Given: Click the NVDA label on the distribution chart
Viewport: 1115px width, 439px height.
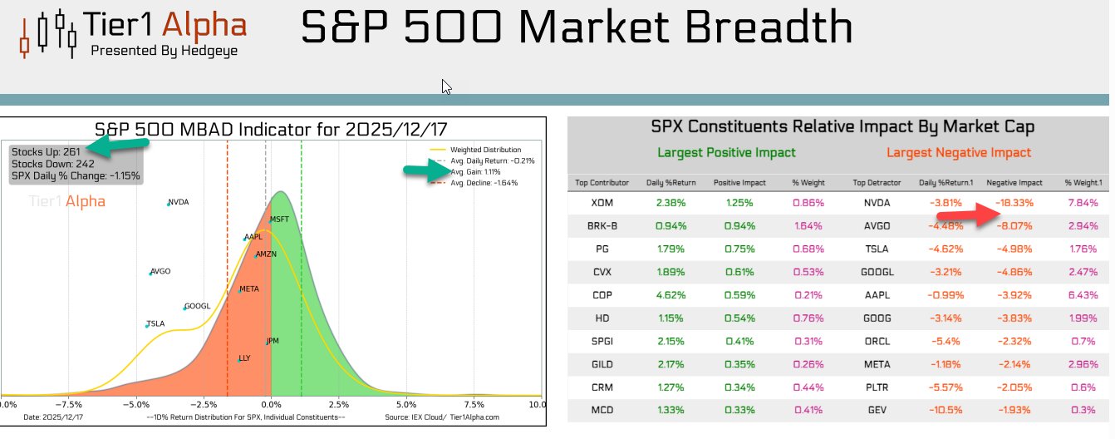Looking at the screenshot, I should pyautogui.click(x=179, y=202).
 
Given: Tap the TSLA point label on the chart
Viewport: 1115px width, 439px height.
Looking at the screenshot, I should pyautogui.click(x=155, y=323).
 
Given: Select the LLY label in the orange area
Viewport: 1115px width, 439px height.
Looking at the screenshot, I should pyautogui.click(x=244, y=358).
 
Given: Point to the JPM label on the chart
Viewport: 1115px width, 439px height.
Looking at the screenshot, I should pyautogui.click(x=273, y=341).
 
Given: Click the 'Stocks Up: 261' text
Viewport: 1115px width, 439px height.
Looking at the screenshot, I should pyautogui.click(x=46, y=151).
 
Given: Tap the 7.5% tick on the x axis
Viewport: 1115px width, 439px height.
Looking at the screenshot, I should pyautogui.click(x=474, y=404).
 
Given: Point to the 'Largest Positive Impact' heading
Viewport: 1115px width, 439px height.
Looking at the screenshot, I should pyautogui.click(x=726, y=152).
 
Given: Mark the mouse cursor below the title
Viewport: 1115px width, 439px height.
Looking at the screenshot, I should pyautogui.click(x=446, y=86).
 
